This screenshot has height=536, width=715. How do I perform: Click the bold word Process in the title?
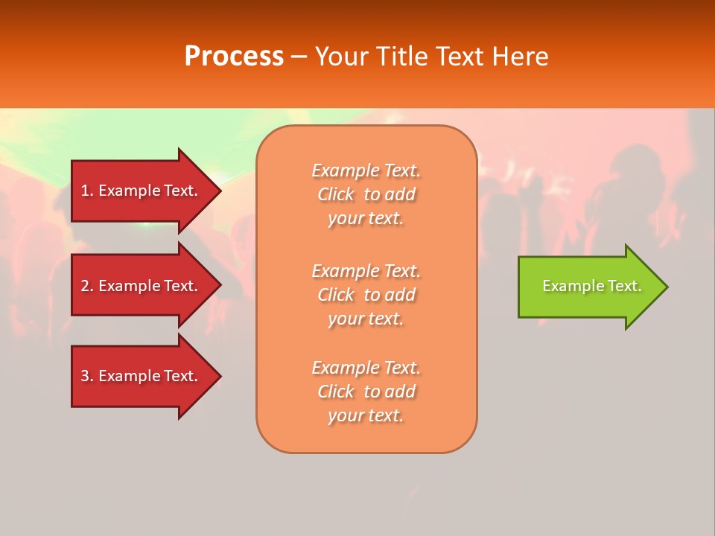(x=234, y=57)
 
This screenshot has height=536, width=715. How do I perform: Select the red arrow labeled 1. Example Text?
(x=142, y=191)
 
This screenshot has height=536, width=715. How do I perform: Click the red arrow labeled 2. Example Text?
(x=142, y=286)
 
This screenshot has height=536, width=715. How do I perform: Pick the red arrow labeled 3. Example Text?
(x=142, y=376)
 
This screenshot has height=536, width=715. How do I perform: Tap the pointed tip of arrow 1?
(x=219, y=191)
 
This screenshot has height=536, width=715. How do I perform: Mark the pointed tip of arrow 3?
(x=219, y=376)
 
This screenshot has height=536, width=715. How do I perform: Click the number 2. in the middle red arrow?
(x=87, y=286)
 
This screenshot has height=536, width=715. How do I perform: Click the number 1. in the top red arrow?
(x=87, y=191)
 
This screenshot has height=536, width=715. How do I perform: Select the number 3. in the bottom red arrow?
(x=87, y=376)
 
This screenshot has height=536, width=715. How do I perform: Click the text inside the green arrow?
(x=591, y=286)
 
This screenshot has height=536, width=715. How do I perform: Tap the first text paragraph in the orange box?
(x=366, y=194)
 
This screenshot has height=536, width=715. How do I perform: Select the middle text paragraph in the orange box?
(x=366, y=295)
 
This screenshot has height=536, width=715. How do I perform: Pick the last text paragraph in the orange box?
(x=366, y=392)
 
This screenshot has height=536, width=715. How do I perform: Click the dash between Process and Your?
(x=299, y=57)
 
